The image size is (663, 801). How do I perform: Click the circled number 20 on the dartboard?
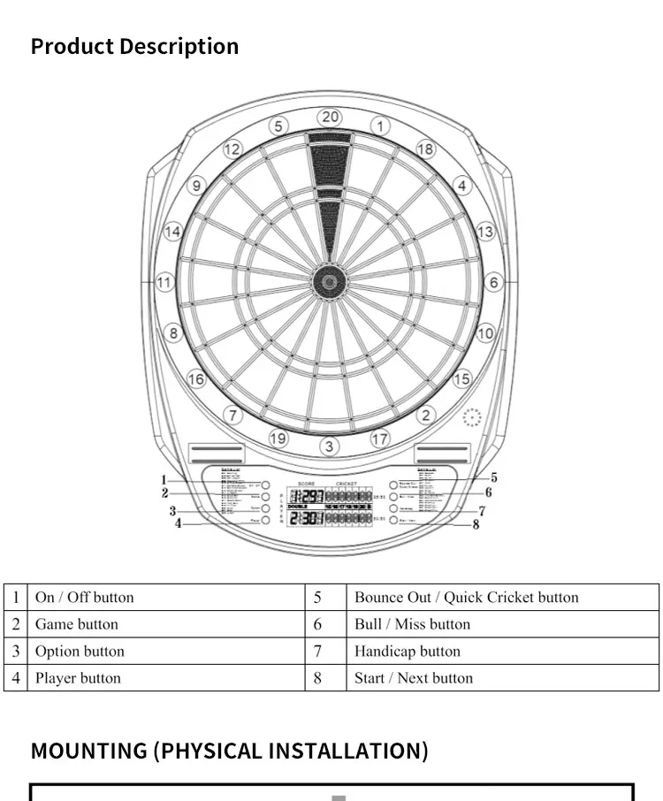(330, 117)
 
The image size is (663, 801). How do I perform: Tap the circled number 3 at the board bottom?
(329, 446)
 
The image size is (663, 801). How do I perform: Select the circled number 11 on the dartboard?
(165, 283)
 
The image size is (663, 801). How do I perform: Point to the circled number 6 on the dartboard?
(493, 283)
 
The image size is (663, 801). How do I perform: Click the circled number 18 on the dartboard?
(425, 149)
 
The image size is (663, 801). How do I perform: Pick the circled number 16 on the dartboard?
(195, 379)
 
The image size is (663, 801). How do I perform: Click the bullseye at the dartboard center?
(329, 282)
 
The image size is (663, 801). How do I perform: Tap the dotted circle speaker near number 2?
(473, 417)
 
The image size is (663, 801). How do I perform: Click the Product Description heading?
(134, 46)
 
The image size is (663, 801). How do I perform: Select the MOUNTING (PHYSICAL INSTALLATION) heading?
(229, 751)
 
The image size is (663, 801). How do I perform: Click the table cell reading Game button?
(77, 624)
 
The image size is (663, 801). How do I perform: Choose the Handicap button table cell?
(408, 652)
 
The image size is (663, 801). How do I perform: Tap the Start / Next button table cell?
(414, 678)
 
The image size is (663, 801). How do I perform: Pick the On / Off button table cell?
(85, 597)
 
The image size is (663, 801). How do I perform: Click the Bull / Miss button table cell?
(412, 624)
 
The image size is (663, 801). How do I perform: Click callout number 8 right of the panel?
(476, 524)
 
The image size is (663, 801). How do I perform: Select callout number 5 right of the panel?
(493, 478)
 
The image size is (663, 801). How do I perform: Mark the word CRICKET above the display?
(347, 484)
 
